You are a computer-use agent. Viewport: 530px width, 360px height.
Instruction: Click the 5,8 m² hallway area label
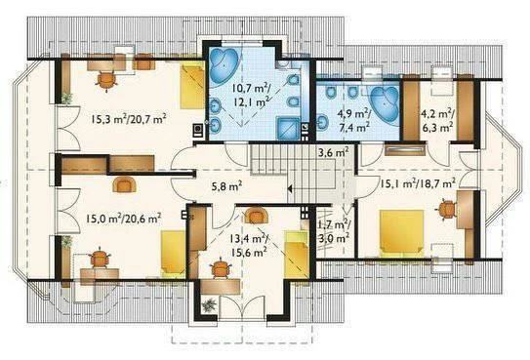(x=226, y=186)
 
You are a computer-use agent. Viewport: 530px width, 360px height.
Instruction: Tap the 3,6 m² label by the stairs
(x=334, y=152)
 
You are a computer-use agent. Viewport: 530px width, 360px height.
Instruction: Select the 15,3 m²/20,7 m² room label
(x=129, y=119)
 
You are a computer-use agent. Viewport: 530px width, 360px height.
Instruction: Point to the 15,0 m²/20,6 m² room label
(x=123, y=219)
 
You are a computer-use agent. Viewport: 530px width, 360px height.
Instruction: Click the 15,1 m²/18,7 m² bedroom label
(x=418, y=183)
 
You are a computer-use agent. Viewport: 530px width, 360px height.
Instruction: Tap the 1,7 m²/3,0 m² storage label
(x=334, y=231)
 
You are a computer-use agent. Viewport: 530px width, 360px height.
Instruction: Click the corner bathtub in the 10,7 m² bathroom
(x=224, y=63)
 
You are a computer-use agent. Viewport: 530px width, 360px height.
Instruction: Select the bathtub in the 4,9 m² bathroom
(x=385, y=105)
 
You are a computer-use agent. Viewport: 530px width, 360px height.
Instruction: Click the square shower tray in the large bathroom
(x=288, y=128)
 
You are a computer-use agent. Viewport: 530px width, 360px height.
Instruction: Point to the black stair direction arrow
(x=290, y=189)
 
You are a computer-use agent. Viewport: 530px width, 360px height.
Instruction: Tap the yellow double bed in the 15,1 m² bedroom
(x=402, y=233)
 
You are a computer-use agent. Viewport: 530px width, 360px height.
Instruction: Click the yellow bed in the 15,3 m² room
(x=191, y=87)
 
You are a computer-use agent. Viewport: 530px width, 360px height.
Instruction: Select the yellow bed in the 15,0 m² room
(x=173, y=255)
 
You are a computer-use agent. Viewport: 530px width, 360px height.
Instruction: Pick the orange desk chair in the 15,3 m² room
(x=106, y=81)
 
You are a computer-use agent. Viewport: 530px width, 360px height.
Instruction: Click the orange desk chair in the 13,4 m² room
(x=221, y=267)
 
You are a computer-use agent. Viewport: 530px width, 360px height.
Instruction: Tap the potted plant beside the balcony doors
(x=209, y=304)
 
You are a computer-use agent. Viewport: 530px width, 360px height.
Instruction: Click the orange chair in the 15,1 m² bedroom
(x=448, y=210)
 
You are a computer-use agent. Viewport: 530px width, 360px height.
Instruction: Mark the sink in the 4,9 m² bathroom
(x=322, y=122)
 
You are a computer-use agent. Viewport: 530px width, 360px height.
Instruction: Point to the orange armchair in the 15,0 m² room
(x=124, y=184)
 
